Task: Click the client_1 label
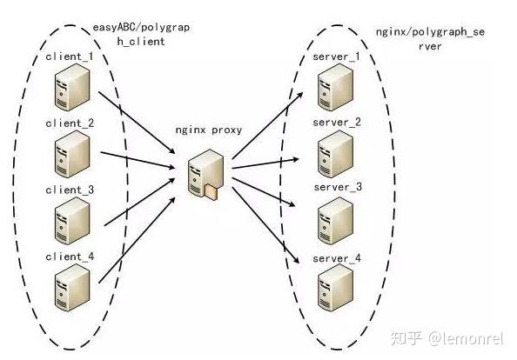click(x=70, y=57)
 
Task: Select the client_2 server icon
click(x=72, y=154)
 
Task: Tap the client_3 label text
click(x=70, y=190)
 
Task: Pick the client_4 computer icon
click(x=72, y=288)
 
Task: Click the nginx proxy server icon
click(x=205, y=174)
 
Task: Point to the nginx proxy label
click(x=209, y=130)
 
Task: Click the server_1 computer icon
click(x=335, y=87)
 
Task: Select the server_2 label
click(x=337, y=123)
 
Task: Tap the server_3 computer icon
click(x=335, y=221)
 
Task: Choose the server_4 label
click(x=337, y=258)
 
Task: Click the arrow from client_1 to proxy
click(x=137, y=123)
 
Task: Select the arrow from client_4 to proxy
click(x=137, y=240)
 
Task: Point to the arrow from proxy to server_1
click(x=267, y=125)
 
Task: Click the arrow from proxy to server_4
click(x=265, y=225)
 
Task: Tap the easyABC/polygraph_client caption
click(x=141, y=34)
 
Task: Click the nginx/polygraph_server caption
click(x=430, y=39)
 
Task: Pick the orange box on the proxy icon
click(x=211, y=192)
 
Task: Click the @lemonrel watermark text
click(x=467, y=338)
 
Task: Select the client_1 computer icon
click(x=72, y=87)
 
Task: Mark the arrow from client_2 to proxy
click(x=138, y=160)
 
